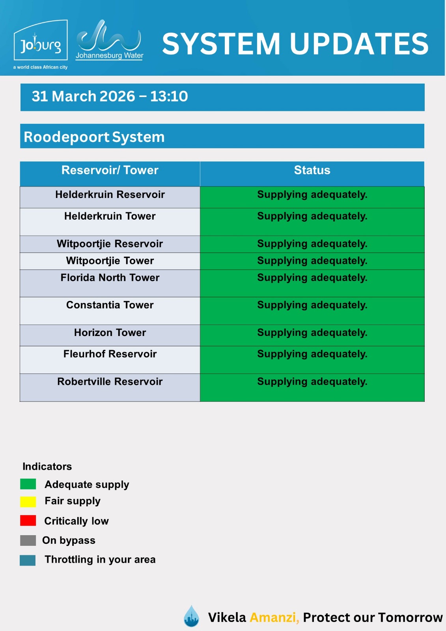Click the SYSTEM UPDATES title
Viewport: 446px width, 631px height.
coord(295,43)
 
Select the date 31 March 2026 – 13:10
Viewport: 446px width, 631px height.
coord(110,97)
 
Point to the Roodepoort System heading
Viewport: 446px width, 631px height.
coord(94,137)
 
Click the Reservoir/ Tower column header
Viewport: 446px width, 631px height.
coord(110,170)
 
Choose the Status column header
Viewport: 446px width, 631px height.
coord(312,170)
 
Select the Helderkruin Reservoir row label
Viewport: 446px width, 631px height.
coord(110,195)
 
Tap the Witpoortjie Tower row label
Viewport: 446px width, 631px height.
coord(110,261)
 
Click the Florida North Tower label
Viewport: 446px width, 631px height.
coord(110,278)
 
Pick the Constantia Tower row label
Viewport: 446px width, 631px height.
coord(110,305)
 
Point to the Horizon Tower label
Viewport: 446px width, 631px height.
coord(110,333)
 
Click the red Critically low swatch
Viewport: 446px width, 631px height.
coord(28,521)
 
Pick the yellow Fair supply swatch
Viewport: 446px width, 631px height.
coord(28,502)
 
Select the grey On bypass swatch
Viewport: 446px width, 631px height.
coord(28,540)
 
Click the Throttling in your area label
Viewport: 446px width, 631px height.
coord(100,560)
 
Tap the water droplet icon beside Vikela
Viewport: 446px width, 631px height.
coord(192,616)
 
